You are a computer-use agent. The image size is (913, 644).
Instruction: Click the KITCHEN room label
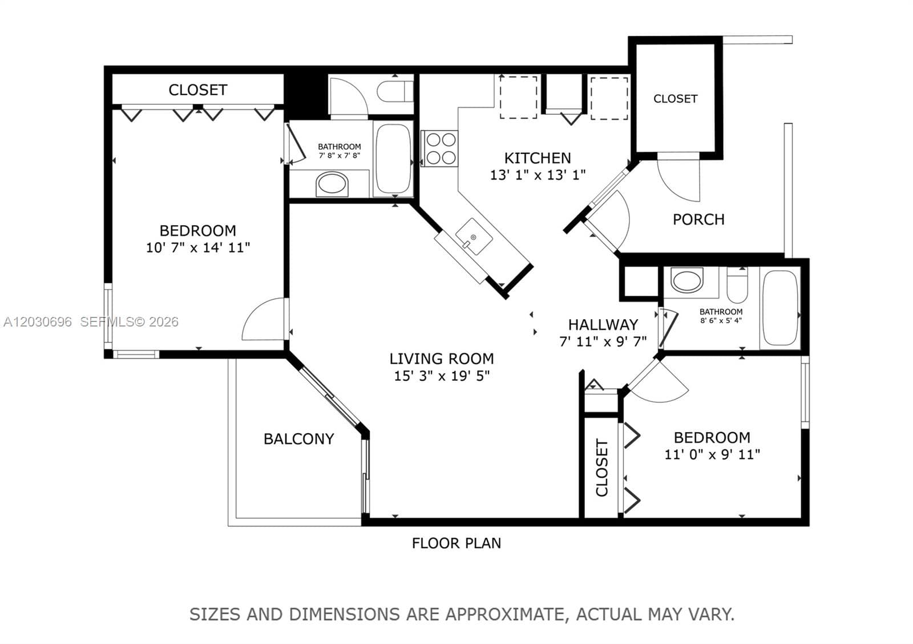(538, 158)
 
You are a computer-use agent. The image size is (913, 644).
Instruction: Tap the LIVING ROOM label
(442, 358)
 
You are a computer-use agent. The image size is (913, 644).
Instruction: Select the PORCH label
(698, 219)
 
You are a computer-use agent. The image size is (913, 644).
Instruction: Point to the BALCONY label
(299, 439)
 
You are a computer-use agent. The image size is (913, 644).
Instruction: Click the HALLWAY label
(603, 324)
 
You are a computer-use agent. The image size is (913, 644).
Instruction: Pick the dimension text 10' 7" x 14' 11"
(198, 247)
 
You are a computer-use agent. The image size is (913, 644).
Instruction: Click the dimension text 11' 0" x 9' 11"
(713, 454)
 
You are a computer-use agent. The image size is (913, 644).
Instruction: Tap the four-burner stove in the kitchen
(440, 148)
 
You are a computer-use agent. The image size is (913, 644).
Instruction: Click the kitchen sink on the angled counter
(474, 237)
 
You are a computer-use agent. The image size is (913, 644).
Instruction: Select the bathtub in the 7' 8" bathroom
(393, 159)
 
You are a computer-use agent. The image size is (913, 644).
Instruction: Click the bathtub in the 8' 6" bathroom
(780, 308)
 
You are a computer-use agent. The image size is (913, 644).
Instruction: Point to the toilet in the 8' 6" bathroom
(737, 284)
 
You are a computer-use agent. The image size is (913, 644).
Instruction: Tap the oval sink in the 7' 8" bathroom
(332, 184)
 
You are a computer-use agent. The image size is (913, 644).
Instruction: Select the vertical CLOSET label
(602, 467)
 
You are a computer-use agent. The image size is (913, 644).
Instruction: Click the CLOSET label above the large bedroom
(198, 90)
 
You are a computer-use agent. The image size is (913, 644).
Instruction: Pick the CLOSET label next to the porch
(676, 99)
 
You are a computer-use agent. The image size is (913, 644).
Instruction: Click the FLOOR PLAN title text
(457, 543)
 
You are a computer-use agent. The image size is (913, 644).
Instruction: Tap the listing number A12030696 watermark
(38, 322)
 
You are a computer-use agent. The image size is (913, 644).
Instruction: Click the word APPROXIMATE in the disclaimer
(504, 614)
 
